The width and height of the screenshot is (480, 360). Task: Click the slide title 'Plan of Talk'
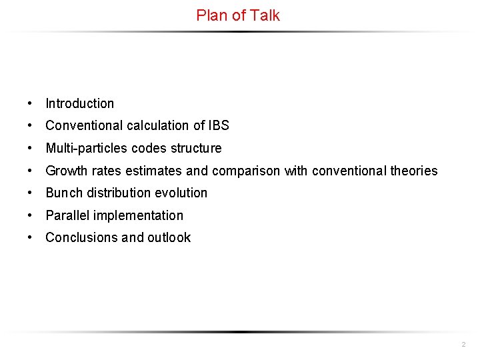238,15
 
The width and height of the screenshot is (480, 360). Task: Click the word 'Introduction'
79,103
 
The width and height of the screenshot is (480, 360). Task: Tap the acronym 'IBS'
218,125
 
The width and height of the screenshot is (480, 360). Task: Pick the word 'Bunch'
61,193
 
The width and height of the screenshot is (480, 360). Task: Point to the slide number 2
463,345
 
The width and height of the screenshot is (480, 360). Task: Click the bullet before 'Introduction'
31,103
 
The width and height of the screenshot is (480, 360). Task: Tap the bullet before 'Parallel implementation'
31,215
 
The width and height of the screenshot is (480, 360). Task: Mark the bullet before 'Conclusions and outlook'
31,237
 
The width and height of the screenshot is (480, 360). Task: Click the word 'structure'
197,148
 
